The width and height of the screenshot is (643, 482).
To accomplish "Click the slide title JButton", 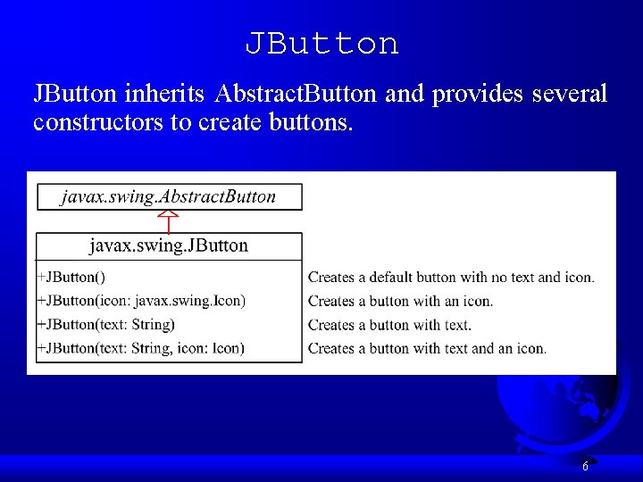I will (x=321, y=43).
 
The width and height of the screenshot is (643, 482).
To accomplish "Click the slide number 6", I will (x=585, y=466).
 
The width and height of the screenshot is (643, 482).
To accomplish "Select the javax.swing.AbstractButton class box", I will (x=169, y=196).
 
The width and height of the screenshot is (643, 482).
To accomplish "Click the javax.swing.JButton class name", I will (x=169, y=245).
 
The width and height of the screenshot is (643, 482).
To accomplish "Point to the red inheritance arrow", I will (x=169, y=220).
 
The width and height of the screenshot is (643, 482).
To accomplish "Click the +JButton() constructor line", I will (x=71, y=278).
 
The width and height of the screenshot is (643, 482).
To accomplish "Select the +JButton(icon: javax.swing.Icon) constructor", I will (x=141, y=301).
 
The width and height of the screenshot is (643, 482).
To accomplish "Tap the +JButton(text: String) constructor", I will (x=105, y=324).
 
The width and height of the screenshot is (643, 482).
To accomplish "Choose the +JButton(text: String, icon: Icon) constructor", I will (x=140, y=348).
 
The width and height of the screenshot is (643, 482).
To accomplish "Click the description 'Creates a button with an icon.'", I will (x=400, y=302).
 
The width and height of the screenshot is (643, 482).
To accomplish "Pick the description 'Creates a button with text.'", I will (x=389, y=325).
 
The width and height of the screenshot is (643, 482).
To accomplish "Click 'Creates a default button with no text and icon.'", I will (x=451, y=278).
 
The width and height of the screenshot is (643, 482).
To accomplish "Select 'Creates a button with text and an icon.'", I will (x=427, y=348).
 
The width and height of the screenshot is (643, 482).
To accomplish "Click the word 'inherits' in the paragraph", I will (x=168, y=93).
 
